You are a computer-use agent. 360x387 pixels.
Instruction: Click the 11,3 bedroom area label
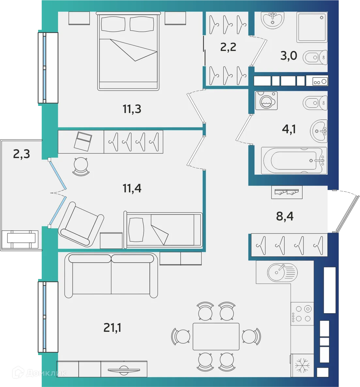coord(132,109)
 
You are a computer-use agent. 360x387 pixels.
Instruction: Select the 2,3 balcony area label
coord(22,154)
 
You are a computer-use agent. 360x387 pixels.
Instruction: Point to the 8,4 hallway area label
coord(285,216)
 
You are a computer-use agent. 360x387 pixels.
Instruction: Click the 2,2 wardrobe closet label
coord(228,47)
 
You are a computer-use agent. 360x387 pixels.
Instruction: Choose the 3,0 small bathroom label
coord(289,56)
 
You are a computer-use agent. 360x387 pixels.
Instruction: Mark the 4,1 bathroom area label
coord(289,129)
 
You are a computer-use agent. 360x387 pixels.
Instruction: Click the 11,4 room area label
coord(132,188)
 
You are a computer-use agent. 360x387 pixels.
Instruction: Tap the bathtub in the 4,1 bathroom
coord(294,161)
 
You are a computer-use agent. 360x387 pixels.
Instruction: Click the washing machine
coord(267,101)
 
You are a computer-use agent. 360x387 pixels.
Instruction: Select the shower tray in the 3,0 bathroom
coord(312,27)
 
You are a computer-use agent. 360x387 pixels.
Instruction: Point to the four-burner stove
coord(302,313)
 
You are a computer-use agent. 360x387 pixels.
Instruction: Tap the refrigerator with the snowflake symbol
coord(302,365)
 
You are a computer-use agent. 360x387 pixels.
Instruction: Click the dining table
coord(216,336)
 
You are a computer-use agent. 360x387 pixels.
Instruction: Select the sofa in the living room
coord(111,275)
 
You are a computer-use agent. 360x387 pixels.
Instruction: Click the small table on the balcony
coord(21,238)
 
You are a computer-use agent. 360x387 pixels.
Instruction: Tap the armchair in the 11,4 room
coord(82,225)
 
